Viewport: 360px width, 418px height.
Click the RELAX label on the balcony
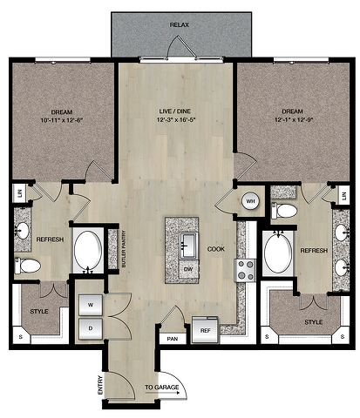click(x=180, y=25)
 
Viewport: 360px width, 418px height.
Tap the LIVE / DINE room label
click(x=175, y=111)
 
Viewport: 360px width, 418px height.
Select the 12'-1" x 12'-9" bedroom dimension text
click(x=293, y=119)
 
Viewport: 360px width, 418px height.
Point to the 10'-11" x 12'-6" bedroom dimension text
click(x=62, y=120)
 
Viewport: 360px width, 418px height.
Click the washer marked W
click(x=91, y=305)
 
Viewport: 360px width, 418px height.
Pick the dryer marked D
click(x=91, y=329)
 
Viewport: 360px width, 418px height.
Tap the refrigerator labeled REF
click(x=205, y=330)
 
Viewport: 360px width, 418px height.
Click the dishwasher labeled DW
click(x=188, y=269)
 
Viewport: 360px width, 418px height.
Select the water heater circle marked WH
click(x=250, y=201)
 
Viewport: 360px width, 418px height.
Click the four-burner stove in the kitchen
click(x=245, y=271)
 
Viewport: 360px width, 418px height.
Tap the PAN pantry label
click(x=173, y=339)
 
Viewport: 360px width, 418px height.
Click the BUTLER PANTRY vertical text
click(x=124, y=249)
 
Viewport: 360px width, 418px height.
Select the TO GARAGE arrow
click(x=162, y=394)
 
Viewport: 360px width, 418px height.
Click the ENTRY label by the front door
click(x=100, y=385)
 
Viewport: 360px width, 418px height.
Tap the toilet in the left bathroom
click(x=28, y=266)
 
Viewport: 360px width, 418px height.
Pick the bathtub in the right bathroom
click(x=278, y=253)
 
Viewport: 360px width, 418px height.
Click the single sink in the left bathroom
click(x=22, y=231)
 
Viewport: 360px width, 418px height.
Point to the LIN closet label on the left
click(x=20, y=193)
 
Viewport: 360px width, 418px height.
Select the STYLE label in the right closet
click(x=314, y=322)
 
